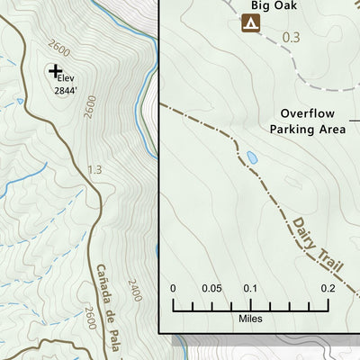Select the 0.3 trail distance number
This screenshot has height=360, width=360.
(290, 38)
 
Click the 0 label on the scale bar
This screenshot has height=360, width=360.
(173, 289)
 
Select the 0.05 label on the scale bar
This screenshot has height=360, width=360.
(211, 289)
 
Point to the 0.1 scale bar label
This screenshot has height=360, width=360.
(250, 289)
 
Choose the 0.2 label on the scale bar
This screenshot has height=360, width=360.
(328, 289)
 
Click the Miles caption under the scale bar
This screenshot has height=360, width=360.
(250, 318)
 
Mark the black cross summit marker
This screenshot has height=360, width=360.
(55, 70)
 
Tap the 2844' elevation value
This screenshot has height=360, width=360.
(66, 90)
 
